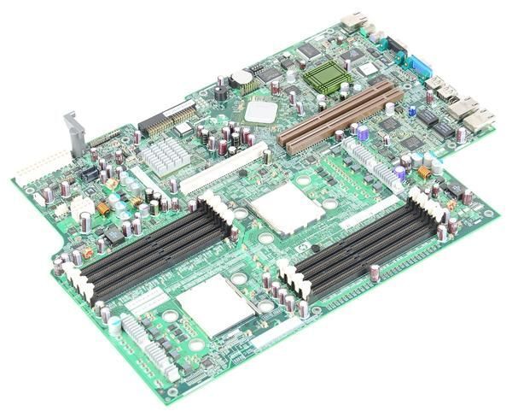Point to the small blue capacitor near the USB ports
point(411,112)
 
